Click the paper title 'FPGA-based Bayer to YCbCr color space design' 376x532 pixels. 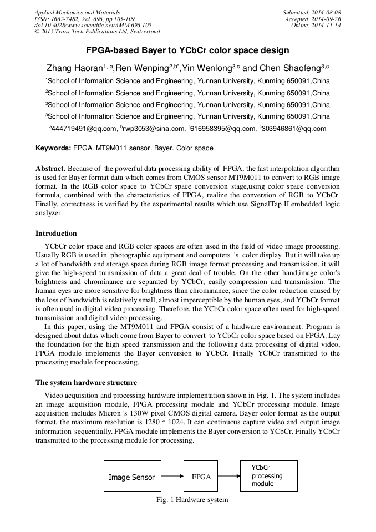coord(187,50)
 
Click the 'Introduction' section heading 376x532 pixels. coord(56,234)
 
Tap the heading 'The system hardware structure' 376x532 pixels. coord(86,383)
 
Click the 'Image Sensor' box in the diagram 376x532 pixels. coord(132,477)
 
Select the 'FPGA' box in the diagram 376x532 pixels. coord(201,477)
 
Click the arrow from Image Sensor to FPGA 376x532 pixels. coord(172,477)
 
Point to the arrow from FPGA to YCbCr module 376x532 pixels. coord(228,477)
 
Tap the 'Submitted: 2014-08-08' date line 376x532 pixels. coord(312,12)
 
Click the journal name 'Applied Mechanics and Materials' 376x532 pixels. coord(77,12)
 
